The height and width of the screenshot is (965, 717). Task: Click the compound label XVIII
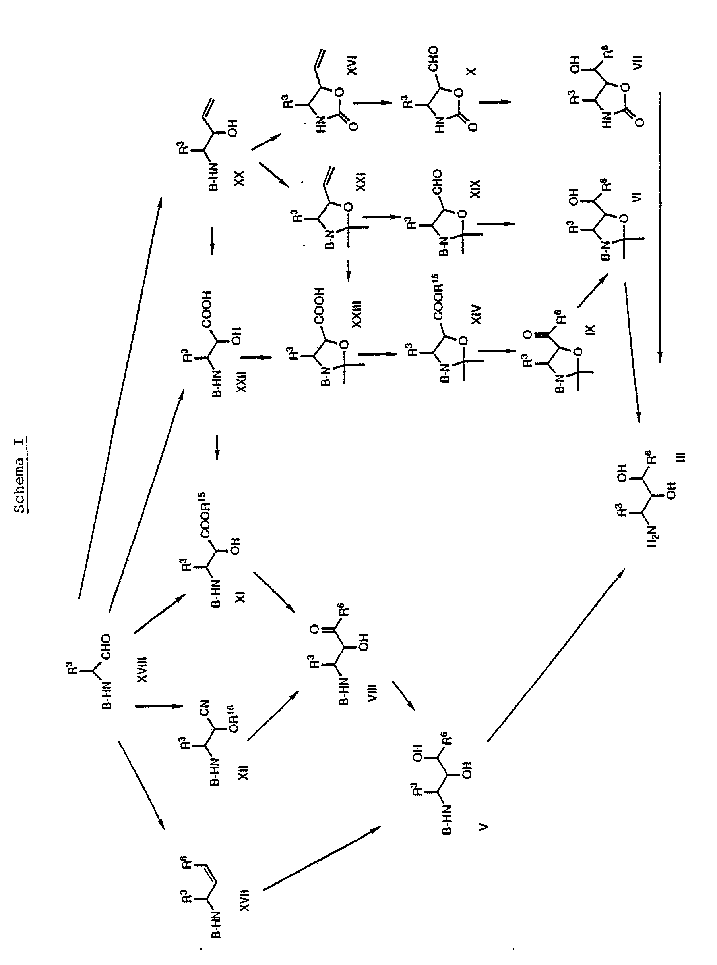(142, 670)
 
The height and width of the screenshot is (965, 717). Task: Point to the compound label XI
(240, 597)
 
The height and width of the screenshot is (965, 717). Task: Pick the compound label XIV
(476, 314)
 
